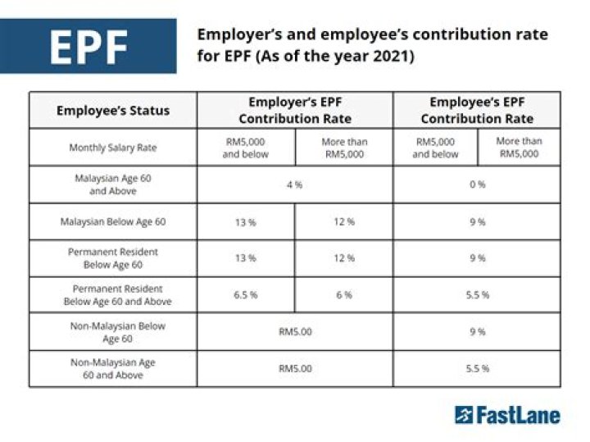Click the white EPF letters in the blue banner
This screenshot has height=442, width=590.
tap(88, 48)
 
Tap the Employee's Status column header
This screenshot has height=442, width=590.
tap(113, 111)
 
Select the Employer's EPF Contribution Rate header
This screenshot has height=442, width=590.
tap(294, 110)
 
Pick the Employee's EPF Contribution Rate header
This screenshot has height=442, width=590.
tap(477, 110)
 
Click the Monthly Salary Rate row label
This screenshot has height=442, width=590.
tap(113, 148)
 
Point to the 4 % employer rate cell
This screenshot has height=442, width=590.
tap(294, 185)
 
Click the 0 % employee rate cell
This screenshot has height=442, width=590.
tap(477, 185)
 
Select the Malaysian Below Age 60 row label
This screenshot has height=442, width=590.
tap(113, 221)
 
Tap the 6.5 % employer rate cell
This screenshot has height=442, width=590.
tap(246, 295)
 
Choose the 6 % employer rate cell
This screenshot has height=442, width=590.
tap(344, 295)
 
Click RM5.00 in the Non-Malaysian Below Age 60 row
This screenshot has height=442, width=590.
tap(294, 332)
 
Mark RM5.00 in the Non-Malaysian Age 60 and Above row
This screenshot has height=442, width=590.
tap(294, 369)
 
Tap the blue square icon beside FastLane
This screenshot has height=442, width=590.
tap(464, 415)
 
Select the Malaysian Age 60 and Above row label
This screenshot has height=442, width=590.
tap(113, 185)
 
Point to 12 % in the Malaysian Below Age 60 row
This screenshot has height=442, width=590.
tap(344, 221)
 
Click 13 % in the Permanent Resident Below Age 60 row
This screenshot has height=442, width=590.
tap(246, 258)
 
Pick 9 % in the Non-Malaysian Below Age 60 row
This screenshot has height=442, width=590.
tap(477, 332)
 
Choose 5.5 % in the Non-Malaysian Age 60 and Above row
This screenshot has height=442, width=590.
tap(477, 369)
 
